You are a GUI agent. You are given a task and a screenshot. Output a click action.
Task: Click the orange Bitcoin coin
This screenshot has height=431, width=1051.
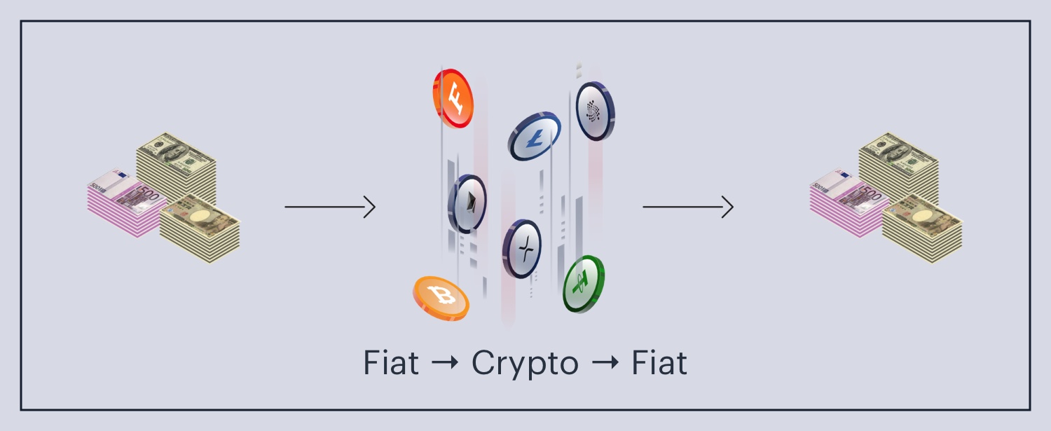click(441, 298)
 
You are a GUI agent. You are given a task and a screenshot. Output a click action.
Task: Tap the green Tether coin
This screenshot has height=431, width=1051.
click(584, 284)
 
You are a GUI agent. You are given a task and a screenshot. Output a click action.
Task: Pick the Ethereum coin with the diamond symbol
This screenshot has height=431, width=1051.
click(467, 204)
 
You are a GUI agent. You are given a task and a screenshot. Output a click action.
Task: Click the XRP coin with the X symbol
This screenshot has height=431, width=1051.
click(522, 249)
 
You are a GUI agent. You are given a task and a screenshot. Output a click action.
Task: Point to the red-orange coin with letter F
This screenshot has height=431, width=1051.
click(453, 98)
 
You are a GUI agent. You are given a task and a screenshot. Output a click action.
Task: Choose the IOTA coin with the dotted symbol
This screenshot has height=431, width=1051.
click(595, 111)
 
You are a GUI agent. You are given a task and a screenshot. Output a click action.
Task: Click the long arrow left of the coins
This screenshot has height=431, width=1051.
click(330, 207)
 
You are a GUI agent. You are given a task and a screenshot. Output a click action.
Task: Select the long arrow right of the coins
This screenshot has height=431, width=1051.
click(688, 207)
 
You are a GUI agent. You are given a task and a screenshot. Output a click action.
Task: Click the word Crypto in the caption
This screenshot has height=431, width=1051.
click(525, 364)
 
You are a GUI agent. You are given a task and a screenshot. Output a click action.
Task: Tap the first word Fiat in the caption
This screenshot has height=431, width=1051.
click(391, 363)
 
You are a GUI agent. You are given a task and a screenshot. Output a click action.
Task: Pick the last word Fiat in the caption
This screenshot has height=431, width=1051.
click(659, 363)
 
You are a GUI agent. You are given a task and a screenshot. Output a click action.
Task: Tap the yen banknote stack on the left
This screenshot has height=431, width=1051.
click(200, 230)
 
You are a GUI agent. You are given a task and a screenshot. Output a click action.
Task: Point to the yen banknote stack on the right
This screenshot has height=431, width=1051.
click(922, 230)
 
